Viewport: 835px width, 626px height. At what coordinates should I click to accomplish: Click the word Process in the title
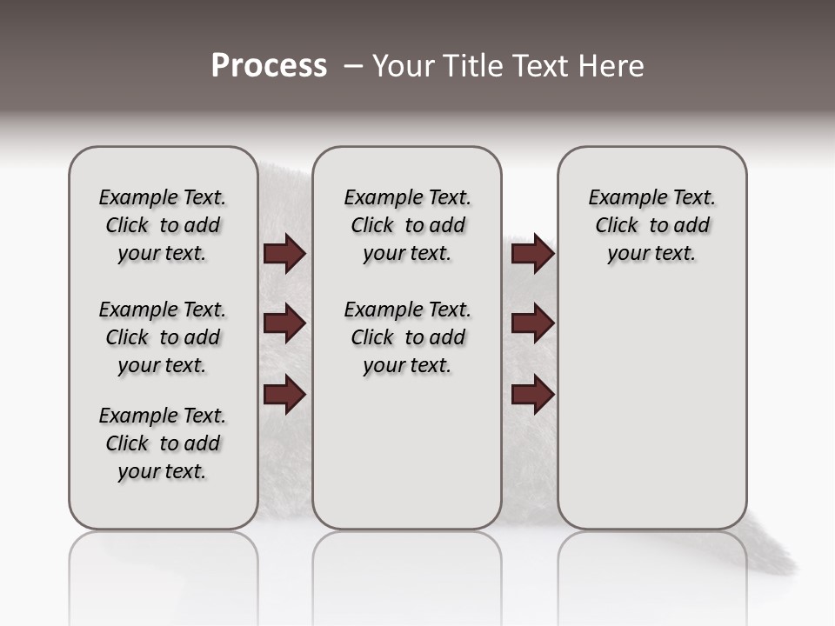click(269, 66)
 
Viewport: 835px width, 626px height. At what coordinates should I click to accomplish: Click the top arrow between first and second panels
click(284, 254)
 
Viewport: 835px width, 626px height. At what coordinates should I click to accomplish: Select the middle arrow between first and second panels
click(284, 324)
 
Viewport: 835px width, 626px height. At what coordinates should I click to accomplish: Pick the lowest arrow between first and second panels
click(284, 395)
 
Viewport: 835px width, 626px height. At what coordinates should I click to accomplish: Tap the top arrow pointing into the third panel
click(532, 254)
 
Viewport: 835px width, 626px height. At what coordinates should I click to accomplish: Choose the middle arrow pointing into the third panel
click(532, 324)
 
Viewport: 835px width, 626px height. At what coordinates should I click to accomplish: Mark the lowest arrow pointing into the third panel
click(532, 395)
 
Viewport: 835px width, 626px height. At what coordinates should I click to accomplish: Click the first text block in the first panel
click(163, 225)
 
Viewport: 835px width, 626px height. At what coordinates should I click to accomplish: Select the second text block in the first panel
click(163, 337)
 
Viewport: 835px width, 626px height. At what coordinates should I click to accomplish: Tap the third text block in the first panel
click(163, 443)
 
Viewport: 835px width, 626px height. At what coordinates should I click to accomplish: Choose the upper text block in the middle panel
click(408, 225)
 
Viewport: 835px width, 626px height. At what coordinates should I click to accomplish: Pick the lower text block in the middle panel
click(408, 337)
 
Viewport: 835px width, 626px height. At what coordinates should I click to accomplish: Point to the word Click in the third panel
click(617, 226)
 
